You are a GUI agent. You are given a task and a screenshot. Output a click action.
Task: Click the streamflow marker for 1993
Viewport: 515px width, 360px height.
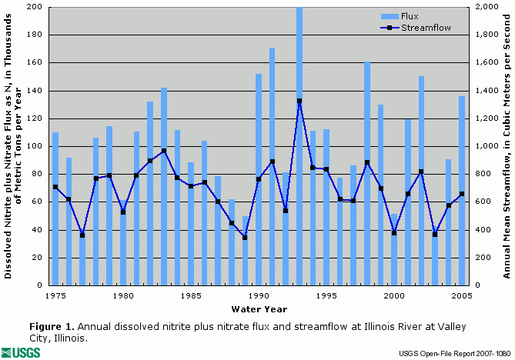pos(299,101)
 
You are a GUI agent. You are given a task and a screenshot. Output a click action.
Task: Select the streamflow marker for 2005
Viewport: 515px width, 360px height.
pos(462,194)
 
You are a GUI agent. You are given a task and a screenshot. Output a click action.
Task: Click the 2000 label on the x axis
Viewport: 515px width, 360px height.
pos(394,295)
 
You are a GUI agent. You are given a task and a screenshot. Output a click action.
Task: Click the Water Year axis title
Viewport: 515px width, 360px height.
pos(259,309)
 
